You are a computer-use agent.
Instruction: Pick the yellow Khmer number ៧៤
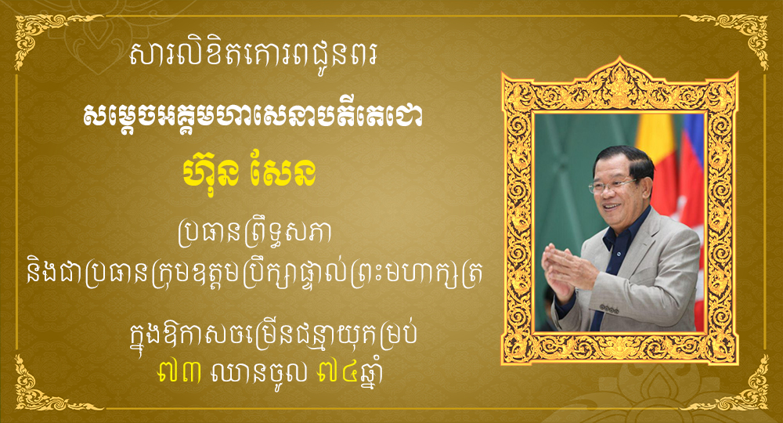click(338, 374)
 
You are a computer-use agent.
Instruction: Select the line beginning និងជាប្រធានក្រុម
click(254, 276)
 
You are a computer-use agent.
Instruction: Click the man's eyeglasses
click(612, 186)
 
